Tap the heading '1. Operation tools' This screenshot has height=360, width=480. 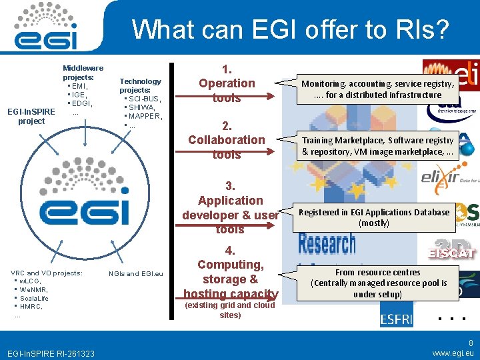point(227,83)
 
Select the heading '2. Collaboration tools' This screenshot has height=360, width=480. point(227,140)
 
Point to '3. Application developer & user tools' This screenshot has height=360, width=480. point(230,207)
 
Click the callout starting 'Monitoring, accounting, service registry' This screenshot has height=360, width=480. point(377,89)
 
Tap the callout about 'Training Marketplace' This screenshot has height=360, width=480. point(377,146)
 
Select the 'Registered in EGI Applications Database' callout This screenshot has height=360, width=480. point(373,217)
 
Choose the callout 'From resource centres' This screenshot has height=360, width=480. point(377,283)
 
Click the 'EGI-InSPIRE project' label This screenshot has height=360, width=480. point(31,116)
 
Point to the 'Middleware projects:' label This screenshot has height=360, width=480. point(83,73)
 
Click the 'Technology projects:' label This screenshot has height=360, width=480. point(140,85)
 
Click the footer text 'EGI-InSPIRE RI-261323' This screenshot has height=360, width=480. point(51,353)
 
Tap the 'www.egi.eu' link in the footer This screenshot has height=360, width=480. point(453,353)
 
